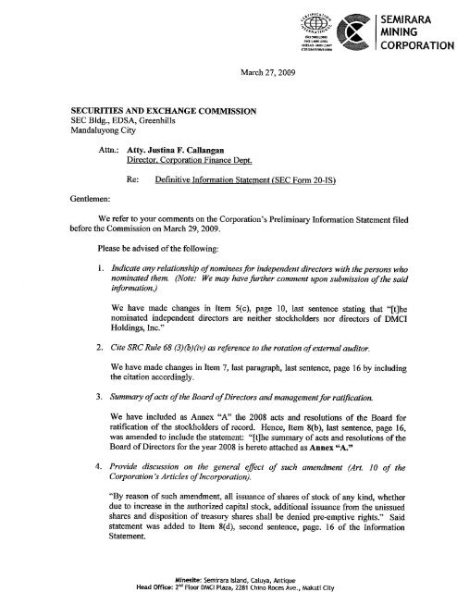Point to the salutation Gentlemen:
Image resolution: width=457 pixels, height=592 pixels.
(x=67, y=195)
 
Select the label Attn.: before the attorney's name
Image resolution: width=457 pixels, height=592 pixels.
(x=111, y=147)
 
